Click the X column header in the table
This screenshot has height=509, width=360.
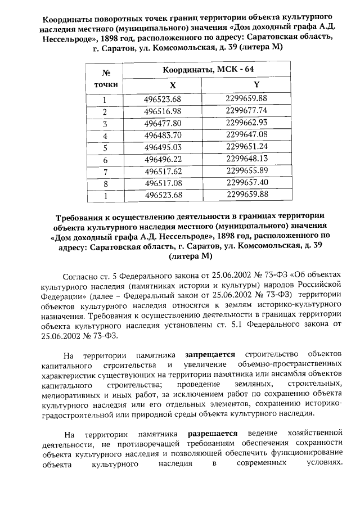(173, 85)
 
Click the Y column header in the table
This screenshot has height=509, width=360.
(256, 84)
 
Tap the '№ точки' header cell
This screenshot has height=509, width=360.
(105, 78)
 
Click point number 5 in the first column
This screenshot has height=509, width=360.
(105, 147)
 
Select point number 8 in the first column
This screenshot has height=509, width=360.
(105, 183)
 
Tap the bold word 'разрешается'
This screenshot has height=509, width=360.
(211, 434)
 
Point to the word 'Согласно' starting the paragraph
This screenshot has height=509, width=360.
(81, 277)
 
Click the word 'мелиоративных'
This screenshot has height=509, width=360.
(71, 395)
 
